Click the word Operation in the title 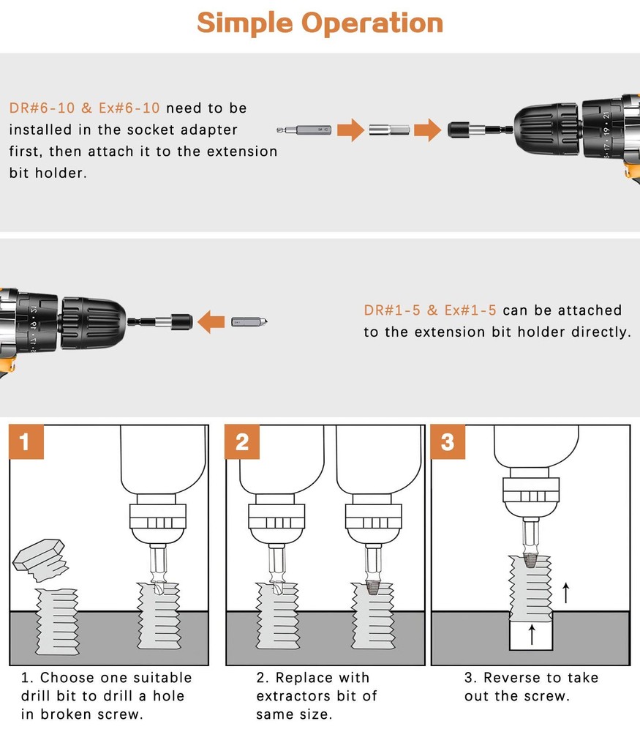click(373, 24)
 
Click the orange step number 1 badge click(26, 442)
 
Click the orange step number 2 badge click(242, 442)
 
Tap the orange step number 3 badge click(448, 442)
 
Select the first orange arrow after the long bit click(351, 131)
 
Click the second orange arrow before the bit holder click(426, 131)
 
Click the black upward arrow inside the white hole click(531, 633)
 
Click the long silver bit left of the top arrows click(306, 131)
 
